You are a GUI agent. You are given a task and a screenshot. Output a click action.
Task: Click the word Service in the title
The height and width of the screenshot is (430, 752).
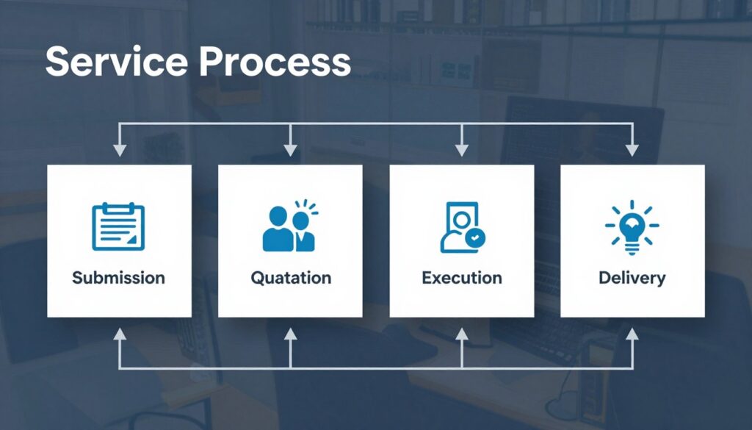[117, 62]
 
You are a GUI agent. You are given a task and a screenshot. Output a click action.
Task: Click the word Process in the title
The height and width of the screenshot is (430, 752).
[275, 62]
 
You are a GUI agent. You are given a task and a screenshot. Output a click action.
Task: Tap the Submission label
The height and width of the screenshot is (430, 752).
[118, 278]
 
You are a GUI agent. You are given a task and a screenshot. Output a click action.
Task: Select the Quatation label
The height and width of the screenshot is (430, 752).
[291, 278]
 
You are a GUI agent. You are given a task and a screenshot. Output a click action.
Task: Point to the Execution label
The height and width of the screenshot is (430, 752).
[462, 278]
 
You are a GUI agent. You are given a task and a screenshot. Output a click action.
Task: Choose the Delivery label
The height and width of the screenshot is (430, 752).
[632, 279]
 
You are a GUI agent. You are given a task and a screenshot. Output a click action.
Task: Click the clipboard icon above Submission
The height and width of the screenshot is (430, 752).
[118, 226]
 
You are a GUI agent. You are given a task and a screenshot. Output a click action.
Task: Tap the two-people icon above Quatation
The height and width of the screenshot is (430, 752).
[290, 226]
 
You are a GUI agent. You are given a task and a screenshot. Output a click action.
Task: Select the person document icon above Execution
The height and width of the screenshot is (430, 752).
[463, 227]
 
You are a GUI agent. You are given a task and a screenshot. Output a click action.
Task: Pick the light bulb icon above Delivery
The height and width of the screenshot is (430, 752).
[632, 227]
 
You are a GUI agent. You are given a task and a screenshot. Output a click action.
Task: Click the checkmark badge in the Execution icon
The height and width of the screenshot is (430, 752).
[475, 237]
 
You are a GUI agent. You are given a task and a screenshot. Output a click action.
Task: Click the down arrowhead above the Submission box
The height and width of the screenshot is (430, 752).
[120, 150]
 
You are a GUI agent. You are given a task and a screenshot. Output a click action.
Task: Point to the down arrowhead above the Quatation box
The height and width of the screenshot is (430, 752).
[290, 150]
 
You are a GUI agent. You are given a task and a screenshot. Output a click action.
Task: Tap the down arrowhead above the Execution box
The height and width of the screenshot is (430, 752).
[461, 150]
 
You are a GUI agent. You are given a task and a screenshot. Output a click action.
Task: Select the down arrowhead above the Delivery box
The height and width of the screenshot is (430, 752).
[632, 150]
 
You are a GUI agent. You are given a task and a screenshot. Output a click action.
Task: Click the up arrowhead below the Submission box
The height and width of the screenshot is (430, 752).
[120, 334]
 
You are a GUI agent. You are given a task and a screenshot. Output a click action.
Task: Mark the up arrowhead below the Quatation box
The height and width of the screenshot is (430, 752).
[290, 334]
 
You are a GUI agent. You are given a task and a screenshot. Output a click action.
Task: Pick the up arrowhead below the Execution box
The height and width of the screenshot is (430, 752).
[461, 334]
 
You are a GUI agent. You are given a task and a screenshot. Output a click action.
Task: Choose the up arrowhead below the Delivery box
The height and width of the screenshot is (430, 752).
[632, 334]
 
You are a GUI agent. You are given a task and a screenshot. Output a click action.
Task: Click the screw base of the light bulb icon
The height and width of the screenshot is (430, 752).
[632, 248]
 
